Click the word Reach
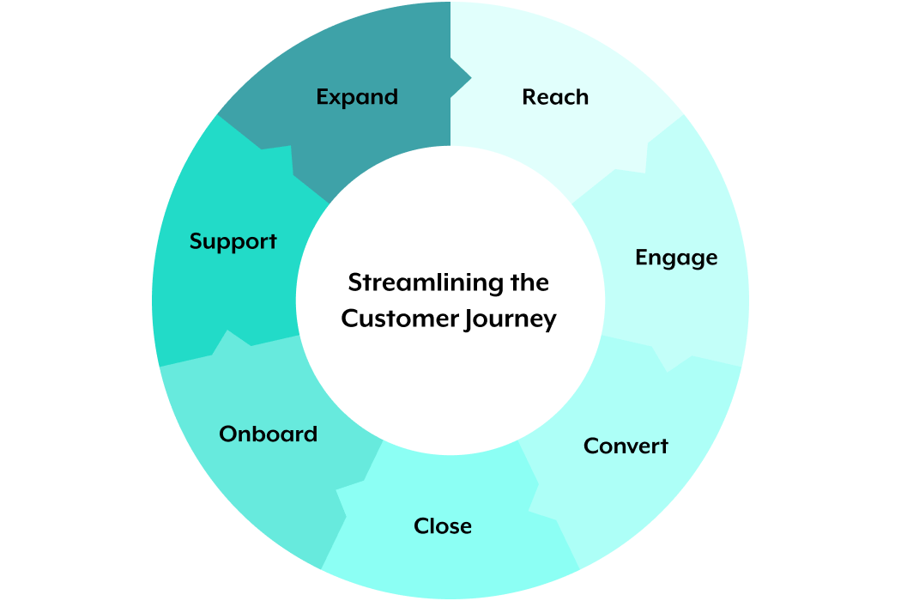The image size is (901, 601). pyautogui.click(x=555, y=97)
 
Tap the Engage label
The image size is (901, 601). pyautogui.click(x=676, y=258)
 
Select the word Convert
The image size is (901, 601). pyautogui.click(x=626, y=446)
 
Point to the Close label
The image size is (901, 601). pyautogui.click(x=443, y=525)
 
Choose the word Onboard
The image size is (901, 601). pyautogui.click(x=268, y=434)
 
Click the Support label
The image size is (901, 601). pyautogui.click(x=233, y=241)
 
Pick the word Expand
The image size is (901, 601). pyautogui.click(x=357, y=97)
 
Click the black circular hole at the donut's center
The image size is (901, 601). pyautogui.click(x=450, y=300)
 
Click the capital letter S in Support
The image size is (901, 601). pyautogui.click(x=196, y=241)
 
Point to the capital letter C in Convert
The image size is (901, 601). pyautogui.click(x=590, y=446)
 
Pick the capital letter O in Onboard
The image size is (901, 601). pyautogui.click(x=227, y=434)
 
